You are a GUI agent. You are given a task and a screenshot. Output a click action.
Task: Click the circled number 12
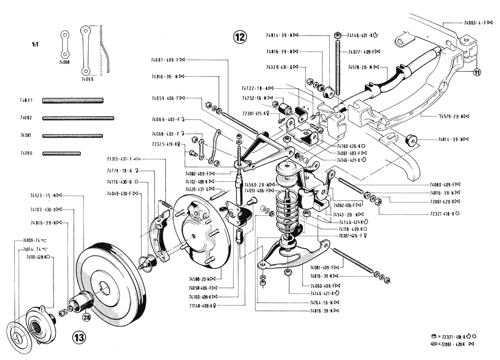click(x=240, y=36)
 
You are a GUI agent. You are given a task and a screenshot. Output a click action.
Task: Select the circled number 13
click(x=80, y=338)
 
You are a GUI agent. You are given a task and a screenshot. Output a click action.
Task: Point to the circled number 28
click(x=87, y=317)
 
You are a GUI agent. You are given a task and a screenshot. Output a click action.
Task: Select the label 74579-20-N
click(x=453, y=116)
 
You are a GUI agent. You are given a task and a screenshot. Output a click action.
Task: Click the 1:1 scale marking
click(x=35, y=45)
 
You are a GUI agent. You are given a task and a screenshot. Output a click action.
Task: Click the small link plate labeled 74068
click(x=64, y=45)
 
